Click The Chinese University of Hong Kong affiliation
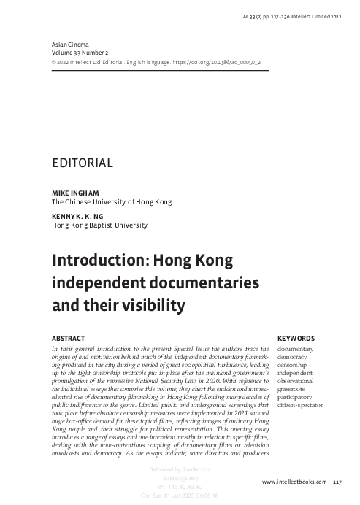111,201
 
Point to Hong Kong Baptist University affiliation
99,225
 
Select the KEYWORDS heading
296,339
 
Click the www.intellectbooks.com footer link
294,482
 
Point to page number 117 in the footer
337,482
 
